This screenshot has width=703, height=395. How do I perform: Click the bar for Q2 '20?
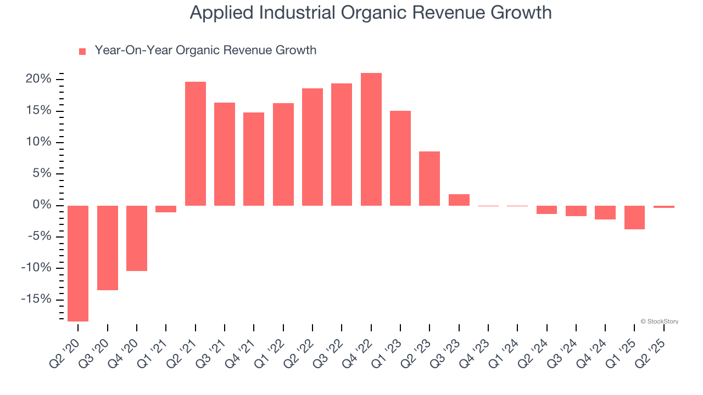[78, 263]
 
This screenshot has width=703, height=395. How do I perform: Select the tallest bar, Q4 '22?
[371, 139]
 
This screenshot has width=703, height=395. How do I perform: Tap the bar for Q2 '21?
[196, 144]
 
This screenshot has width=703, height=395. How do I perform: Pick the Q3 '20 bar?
[108, 248]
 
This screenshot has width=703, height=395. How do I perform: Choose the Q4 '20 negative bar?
[137, 238]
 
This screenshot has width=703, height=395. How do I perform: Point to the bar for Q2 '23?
[429, 178]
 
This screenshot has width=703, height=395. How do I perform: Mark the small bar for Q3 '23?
[459, 200]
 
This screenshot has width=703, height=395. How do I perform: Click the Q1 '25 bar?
[634, 217]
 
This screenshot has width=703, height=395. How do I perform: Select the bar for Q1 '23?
[400, 158]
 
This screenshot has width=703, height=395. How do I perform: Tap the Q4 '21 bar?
[254, 159]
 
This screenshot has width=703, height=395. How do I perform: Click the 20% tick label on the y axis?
[38, 80]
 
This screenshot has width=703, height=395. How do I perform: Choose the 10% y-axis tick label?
[38, 143]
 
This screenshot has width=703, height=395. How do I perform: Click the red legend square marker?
[82, 52]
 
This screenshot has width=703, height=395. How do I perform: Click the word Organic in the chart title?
[360, 12]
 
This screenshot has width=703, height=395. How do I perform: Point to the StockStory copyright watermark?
[660, 321]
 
